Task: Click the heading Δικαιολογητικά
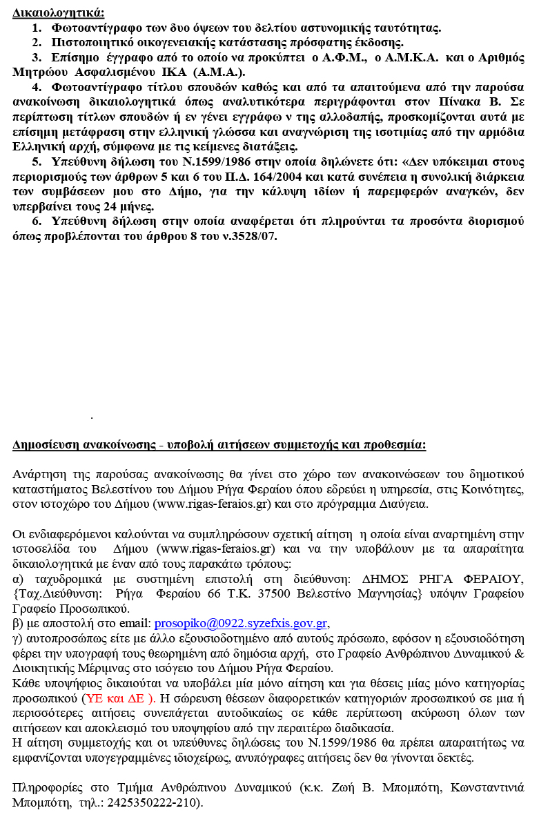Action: [x=59, y=12]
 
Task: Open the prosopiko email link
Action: [x=240, y=622]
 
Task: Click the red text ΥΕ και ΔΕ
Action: [x=119, y=699]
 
